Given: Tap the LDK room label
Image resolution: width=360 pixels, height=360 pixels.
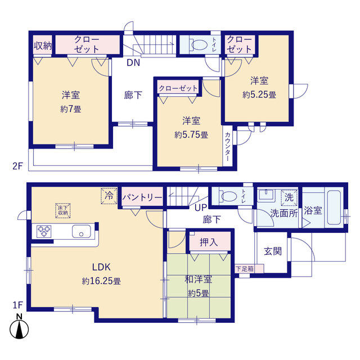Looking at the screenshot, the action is (x=101, y=267).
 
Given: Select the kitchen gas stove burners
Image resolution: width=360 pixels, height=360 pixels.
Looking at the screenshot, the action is (x=44, y=231).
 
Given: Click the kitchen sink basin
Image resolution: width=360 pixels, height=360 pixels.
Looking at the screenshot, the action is (x=81, y=231).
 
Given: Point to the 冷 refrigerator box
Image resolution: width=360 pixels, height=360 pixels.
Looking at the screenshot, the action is (x=109, y=196).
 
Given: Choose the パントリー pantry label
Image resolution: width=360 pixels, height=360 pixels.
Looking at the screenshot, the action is (x=142, y=197).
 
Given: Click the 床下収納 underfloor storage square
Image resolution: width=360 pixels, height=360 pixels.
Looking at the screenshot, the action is (x=62, y=210).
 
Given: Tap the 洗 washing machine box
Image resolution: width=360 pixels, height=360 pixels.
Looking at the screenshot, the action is (x=289, y=197).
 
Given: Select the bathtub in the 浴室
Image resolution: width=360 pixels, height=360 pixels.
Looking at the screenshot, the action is (x=334, y=207).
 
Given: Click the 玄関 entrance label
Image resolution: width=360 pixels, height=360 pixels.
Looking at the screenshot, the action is (x=272, y=251).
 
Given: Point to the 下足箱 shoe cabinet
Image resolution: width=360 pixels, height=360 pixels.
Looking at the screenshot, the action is (x=249, y=269).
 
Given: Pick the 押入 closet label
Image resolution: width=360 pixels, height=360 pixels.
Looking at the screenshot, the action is (x=209, y=242).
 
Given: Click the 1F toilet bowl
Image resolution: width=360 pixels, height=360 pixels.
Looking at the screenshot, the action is (x=228, y=196).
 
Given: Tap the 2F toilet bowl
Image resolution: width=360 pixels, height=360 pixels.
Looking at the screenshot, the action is (x=199, y=44).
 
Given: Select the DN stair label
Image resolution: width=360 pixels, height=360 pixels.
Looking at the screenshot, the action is (x=133, y=62).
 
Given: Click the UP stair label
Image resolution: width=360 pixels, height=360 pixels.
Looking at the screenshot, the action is (x=201, y=208).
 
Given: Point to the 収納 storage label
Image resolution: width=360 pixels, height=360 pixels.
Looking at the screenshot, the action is (x=43, y=46).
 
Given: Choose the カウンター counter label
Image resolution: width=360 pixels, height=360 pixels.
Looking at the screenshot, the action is (x=227, y=146).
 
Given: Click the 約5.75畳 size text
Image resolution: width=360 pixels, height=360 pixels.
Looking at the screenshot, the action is (x=191, y=135).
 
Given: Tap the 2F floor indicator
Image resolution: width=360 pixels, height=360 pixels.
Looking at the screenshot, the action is (x=17, y=166).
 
